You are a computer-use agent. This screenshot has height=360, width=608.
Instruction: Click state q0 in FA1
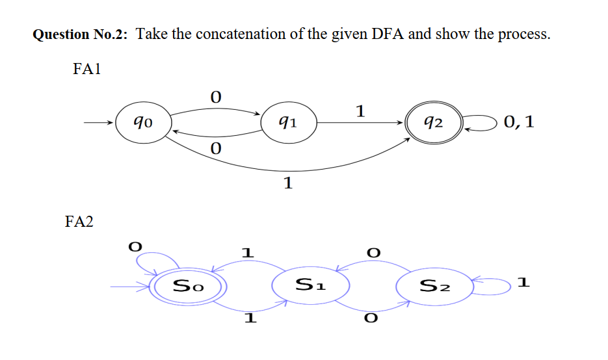click(x=144, y=122)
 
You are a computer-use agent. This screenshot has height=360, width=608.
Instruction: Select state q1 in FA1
click(x=288, y=122)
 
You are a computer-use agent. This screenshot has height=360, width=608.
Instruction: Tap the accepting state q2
click(x=432, y=122)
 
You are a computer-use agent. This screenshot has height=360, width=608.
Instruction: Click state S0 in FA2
click(x=188, y=285)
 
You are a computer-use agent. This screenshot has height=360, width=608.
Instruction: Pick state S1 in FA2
click(x=311, y=285)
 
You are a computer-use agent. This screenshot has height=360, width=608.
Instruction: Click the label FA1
click(x=86, y=69)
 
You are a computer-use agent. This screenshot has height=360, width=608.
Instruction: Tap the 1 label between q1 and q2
click(x=360, y=111)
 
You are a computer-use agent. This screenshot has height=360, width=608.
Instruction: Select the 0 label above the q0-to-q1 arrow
click(x=216, y=97)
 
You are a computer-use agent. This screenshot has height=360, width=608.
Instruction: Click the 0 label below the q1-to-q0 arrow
click(x=216, y=149)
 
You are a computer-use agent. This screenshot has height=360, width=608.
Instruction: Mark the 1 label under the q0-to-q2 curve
click(x=287, y=183)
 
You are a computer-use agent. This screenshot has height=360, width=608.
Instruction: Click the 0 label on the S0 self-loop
click(x=135, y=247)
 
